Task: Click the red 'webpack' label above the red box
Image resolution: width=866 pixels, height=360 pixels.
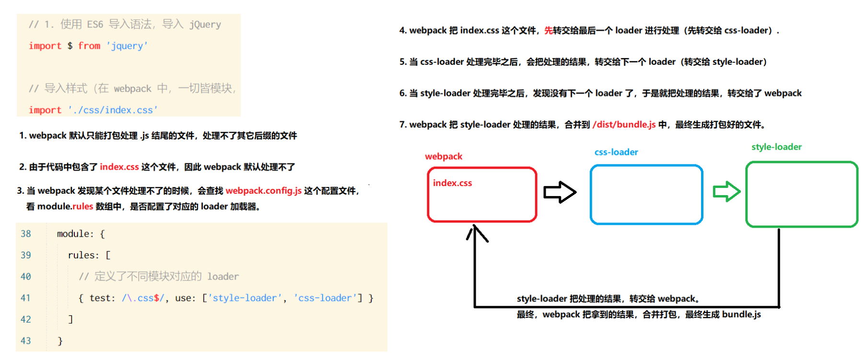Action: coord(444,156)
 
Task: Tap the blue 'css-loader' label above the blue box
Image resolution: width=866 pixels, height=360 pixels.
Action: coord(616,152)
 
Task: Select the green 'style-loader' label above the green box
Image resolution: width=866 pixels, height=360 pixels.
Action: coord(776,147)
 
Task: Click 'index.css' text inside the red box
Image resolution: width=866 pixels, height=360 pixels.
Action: coord(452,183)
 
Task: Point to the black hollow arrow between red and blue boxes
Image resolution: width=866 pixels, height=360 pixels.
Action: coord(560,192)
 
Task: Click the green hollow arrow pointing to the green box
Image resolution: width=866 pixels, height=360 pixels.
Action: coord(726,192)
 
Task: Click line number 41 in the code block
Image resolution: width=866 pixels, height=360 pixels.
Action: coord(25,298)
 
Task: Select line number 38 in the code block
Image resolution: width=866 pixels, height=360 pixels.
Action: coord(25,234)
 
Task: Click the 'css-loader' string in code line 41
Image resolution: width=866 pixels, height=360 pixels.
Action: coord(325,298)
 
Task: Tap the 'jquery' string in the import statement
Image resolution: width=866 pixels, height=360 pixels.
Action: coord(127,46)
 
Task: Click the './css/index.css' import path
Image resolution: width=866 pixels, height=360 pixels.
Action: coord(113,110)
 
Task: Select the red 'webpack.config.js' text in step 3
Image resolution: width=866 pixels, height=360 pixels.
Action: coord(263,191)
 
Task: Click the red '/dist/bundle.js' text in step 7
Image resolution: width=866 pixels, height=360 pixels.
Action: coord(624,125)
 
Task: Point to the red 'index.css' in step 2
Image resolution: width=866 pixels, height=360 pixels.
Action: coord(119,167)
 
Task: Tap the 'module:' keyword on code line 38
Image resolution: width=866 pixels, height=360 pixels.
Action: coord(75,234)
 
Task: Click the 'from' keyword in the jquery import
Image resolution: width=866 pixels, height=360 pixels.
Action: coord(89,46)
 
